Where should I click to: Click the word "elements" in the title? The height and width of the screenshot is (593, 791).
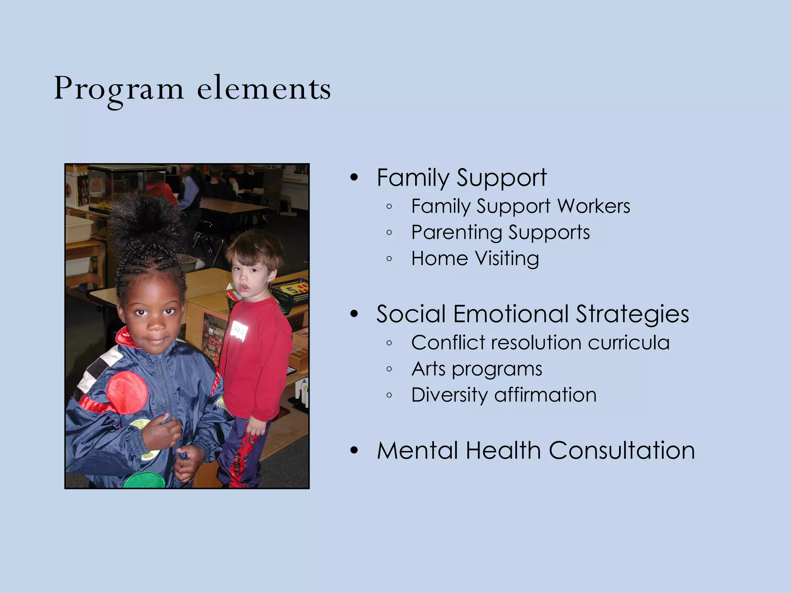click(x=264, y=89)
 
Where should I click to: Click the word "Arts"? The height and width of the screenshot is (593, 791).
click(x=428, y=369)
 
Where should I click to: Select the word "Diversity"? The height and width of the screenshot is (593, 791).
click(x=450, y=395)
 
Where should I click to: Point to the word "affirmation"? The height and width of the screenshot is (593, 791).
click(x=545, y=395)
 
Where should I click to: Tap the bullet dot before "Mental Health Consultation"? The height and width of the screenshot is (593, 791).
click(x=354, y=451)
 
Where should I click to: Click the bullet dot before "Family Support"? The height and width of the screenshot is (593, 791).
click(x=354, y=178)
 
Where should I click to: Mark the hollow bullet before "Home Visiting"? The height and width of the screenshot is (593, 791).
click(x=389, y=259)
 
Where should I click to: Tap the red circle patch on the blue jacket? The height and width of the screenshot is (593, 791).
click(x=127, y=393)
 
